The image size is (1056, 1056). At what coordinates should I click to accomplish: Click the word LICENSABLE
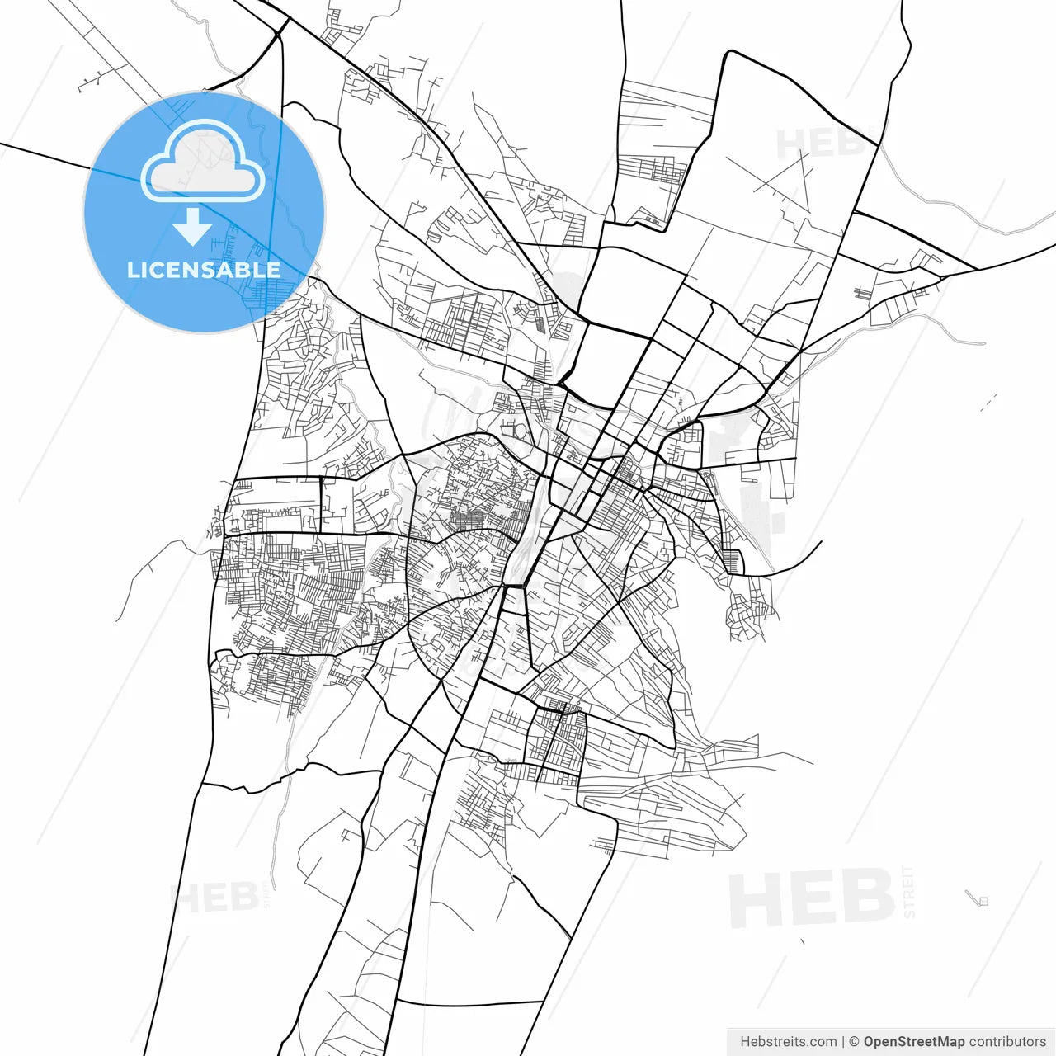(x=204, y=270)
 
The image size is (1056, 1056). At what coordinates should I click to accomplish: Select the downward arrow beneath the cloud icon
(x=192, y=226)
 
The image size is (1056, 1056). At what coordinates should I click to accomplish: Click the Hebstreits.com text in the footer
(x=788, y=1042)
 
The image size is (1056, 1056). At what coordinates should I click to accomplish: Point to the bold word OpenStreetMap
(x=914, y=1042)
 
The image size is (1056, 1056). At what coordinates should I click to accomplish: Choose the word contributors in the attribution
(x=1007, y=1042)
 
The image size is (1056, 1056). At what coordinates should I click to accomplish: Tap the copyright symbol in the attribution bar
(x=855, y=1042)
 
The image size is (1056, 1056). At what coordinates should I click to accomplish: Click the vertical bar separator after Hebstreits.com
(x=843, y=1042)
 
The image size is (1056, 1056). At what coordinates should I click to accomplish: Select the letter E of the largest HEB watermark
(x=812, y=899)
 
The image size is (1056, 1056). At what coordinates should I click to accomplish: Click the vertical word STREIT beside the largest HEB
(x=909, y=891)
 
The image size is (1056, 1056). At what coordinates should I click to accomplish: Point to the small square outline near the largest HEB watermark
(x=983, y=901)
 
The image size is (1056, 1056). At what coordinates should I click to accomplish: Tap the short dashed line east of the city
(x=988, y=402)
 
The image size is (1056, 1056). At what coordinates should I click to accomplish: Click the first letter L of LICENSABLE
(x=132, y=270)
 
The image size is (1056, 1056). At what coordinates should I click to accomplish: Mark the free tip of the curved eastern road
(x=822, y=542)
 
